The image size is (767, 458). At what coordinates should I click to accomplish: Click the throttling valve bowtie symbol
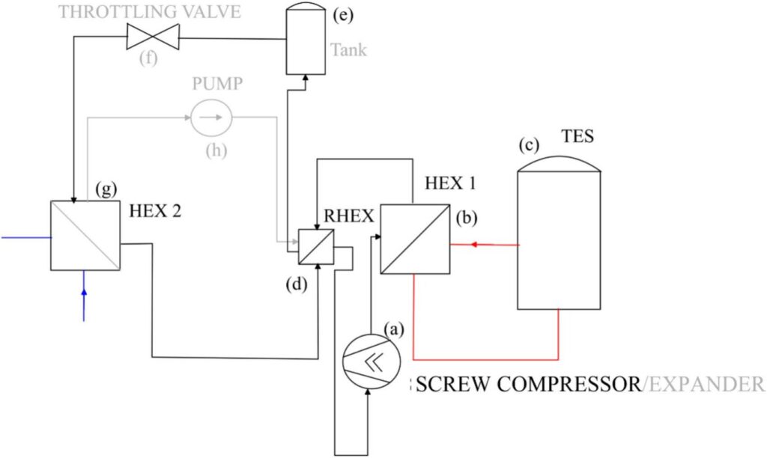[153, 37]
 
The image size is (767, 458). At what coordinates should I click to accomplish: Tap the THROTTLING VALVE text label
[150, 12]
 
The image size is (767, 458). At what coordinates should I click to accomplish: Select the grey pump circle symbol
[211, 117]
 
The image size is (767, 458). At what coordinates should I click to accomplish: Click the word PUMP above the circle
[217, 84]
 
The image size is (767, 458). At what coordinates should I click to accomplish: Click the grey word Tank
[348, 50]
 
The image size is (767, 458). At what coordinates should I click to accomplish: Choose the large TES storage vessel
[559, 233]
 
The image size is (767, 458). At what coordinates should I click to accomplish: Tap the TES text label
[577, 135]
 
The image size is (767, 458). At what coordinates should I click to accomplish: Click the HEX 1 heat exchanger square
[415, 239]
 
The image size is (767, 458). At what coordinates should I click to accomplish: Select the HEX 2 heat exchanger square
[85, 235]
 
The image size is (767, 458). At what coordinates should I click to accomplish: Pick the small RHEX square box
[316, 247]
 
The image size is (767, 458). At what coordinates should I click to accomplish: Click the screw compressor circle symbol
[372, 361]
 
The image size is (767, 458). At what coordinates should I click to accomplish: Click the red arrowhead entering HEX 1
[473, 244]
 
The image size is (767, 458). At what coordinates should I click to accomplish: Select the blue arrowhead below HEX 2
[84, 293]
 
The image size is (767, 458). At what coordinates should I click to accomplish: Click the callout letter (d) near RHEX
[297, 284]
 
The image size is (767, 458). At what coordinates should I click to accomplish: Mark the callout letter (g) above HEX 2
[106, 189]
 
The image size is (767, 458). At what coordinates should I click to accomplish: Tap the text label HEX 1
[450, 183]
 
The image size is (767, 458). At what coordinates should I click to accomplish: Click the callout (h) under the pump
[216, 150]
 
